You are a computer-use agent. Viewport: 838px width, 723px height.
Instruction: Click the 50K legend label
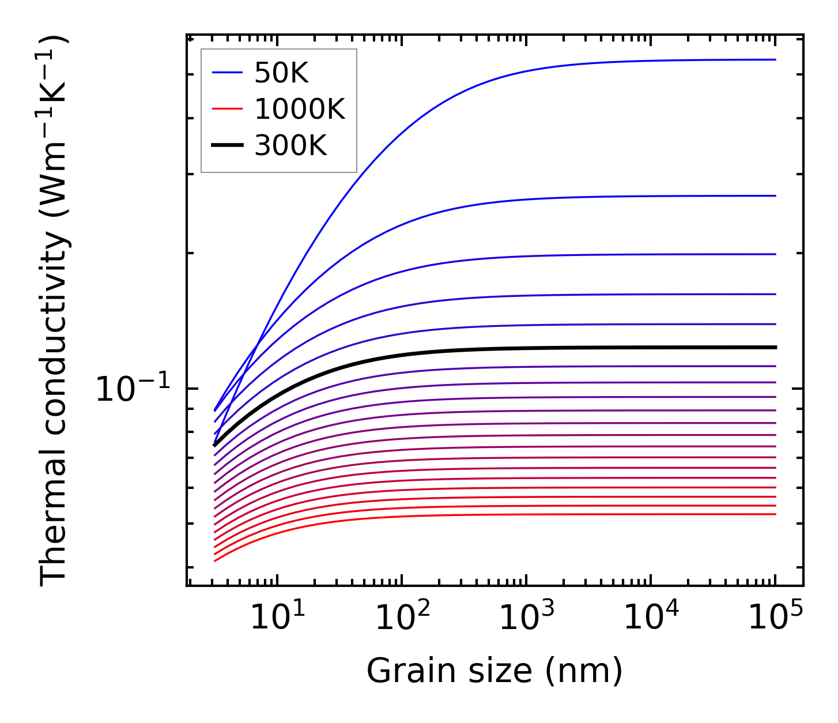(281, 73)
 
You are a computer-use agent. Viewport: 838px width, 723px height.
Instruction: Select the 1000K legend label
(299, 110)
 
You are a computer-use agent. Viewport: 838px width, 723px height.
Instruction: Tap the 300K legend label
(290, 146)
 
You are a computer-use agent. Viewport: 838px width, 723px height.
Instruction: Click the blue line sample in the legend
(227, 73)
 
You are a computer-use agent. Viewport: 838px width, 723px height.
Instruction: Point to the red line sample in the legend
(227, 109)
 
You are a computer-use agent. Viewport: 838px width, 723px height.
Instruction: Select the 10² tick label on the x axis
(402, 617)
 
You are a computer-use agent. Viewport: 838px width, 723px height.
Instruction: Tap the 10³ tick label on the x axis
(526, 617)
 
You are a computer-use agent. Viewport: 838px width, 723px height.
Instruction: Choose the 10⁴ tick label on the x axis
(651, 617)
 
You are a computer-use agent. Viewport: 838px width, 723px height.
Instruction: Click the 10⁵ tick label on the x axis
(775, 617)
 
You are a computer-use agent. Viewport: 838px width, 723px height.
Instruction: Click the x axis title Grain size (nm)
(495, 671)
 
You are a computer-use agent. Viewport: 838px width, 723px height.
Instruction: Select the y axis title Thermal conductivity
(54, 311)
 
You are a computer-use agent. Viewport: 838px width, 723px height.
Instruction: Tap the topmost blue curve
(461, 89)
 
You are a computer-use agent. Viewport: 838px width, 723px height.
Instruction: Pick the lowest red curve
(461, 515)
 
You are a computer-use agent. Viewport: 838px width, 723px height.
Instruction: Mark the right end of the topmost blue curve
(775, 59)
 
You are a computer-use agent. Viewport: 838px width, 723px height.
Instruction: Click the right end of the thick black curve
(775, 347)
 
